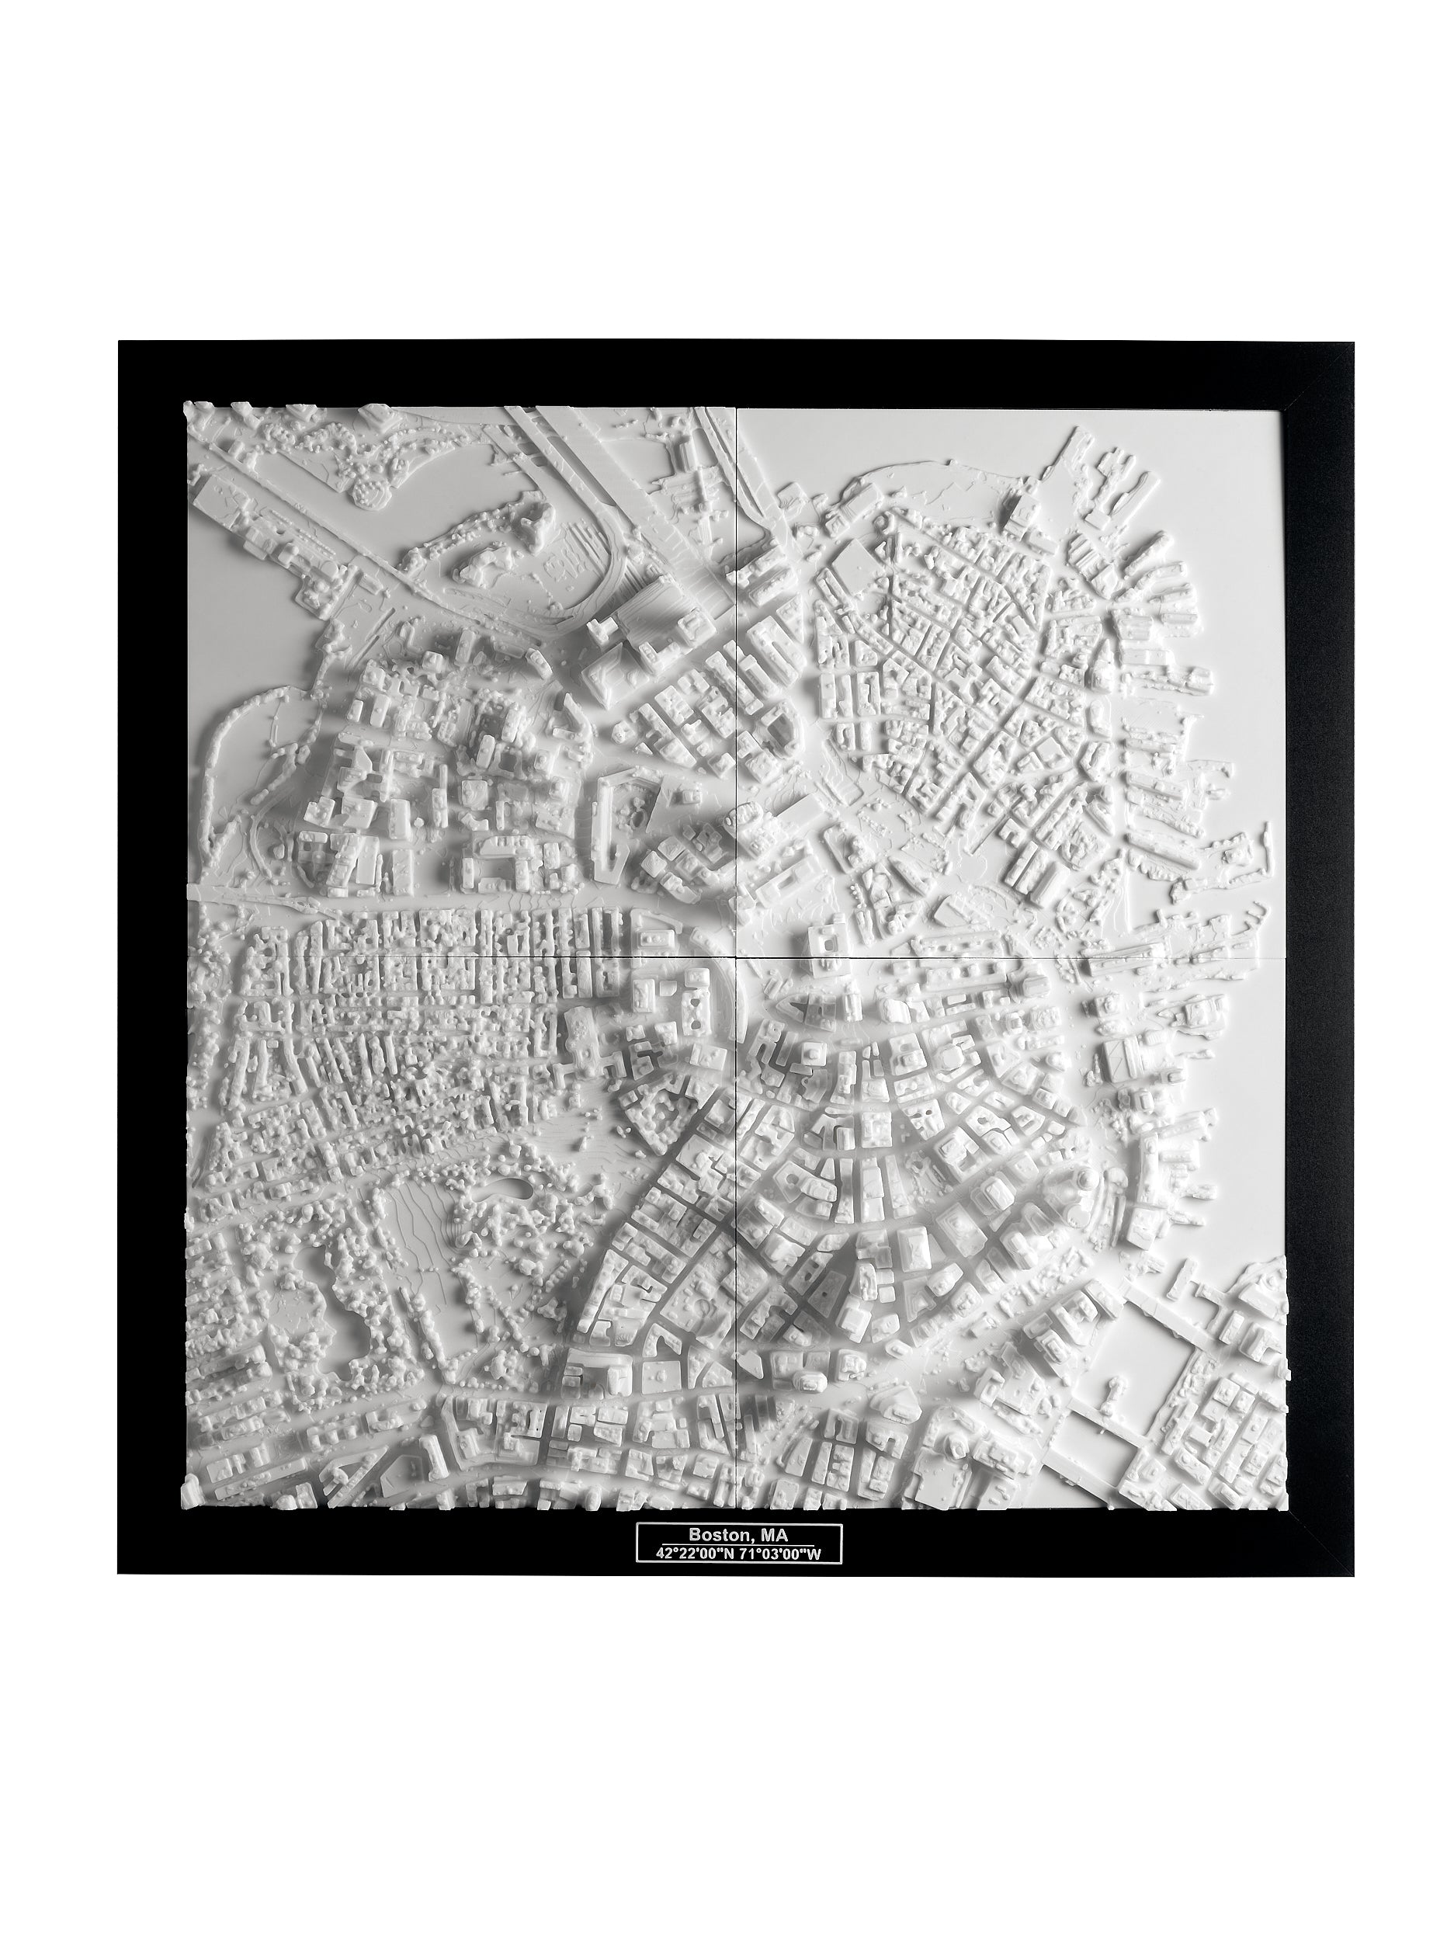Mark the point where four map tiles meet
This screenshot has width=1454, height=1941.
(x=734, y=957)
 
